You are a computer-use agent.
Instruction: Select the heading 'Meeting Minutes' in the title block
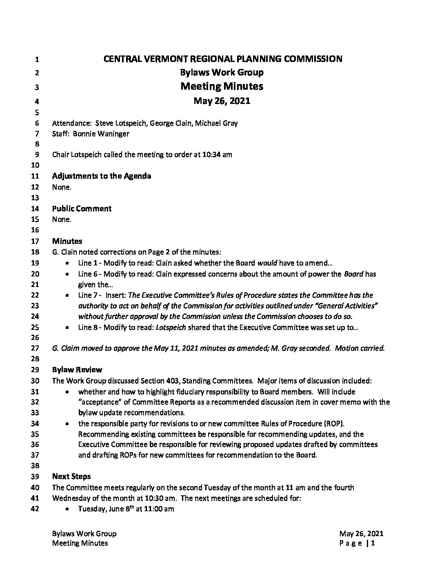(222, 86)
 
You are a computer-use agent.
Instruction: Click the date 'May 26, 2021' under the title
(222, 101)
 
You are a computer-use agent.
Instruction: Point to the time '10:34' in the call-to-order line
(211, 155)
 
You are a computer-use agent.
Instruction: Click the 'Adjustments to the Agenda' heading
(102, 176)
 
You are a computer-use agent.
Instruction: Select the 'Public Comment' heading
(82, 209)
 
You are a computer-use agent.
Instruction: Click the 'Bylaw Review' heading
(77, 370)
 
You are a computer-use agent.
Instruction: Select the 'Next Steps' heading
(71, 477)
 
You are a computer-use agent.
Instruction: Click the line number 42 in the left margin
(35, 509)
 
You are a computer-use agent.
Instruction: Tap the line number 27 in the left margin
(35, 349)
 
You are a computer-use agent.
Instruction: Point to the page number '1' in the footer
(373, 543)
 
